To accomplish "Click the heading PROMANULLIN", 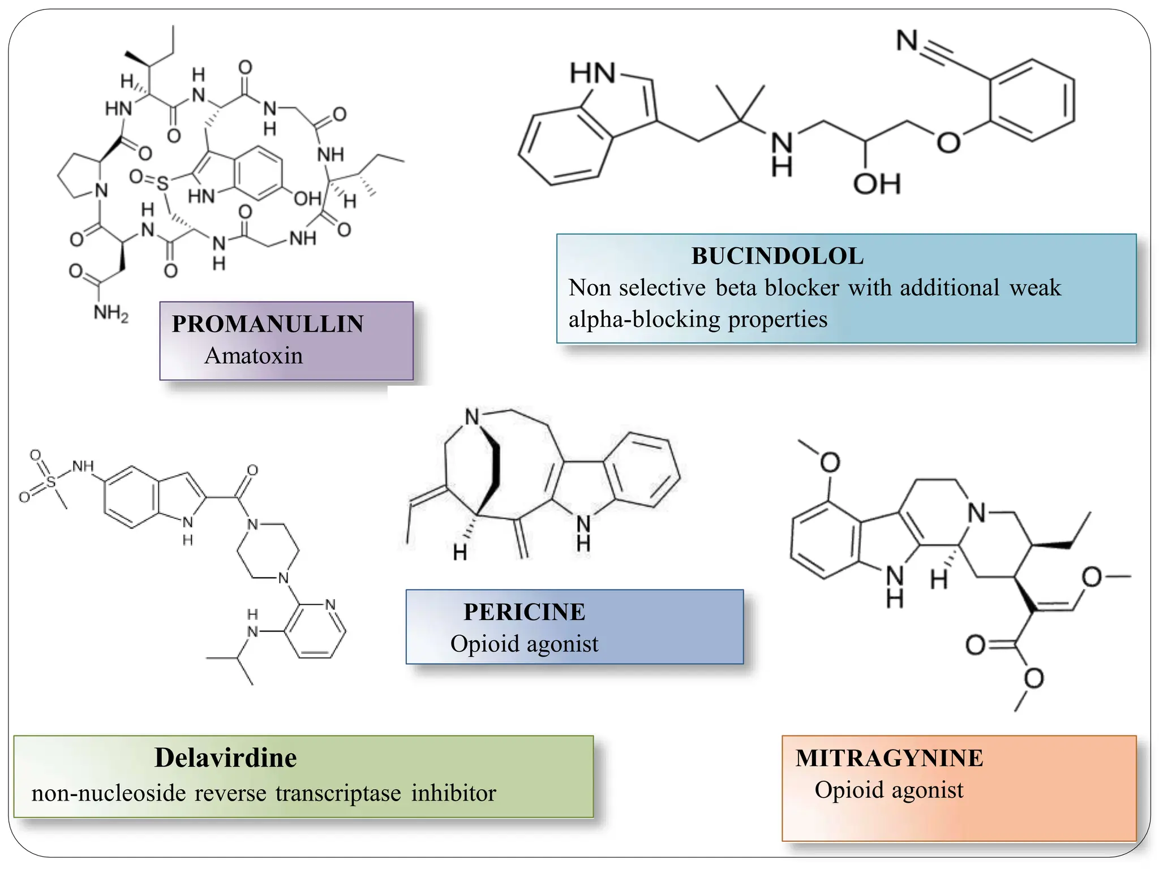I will point(268,324).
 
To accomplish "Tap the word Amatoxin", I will point(254,356).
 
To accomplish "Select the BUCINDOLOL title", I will point(777,256).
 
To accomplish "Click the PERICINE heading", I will point(524,612).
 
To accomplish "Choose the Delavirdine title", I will point(225,758).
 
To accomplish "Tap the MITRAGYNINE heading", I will point(889,759).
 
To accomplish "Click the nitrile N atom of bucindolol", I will point(907,41).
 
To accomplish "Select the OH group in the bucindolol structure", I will point(877,184).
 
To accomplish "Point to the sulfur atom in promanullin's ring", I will point(163,183).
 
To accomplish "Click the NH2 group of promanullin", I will point(111,313).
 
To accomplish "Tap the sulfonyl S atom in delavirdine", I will point(51,481).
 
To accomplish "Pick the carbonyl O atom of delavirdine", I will point(252,470).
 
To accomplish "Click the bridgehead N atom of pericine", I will point(472,417).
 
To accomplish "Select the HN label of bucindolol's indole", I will point(592,74).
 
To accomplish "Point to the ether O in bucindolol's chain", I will point(948,143).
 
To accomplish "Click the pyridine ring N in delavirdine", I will point(330,604).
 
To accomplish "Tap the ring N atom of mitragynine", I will point(976,513).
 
